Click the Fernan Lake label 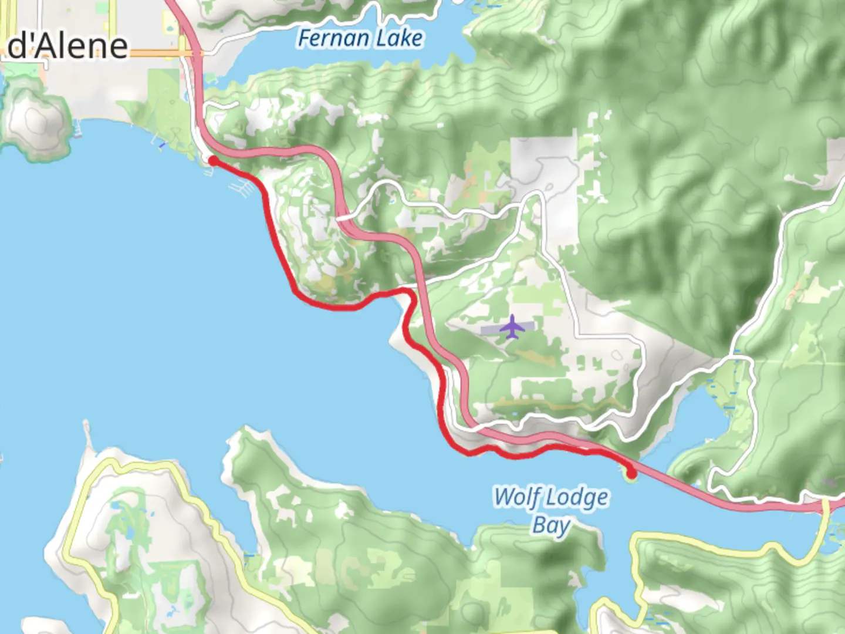tap(360, 39)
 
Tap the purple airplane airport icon tap(512, 327)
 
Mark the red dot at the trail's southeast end tap(631, 473)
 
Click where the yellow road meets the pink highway tap(826, 503)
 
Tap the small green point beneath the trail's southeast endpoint tap(631, 479)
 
